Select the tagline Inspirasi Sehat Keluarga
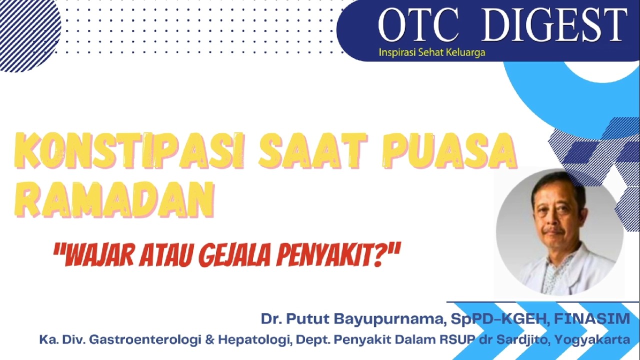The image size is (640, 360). click(431, 52)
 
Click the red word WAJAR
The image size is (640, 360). click(96, 255)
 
